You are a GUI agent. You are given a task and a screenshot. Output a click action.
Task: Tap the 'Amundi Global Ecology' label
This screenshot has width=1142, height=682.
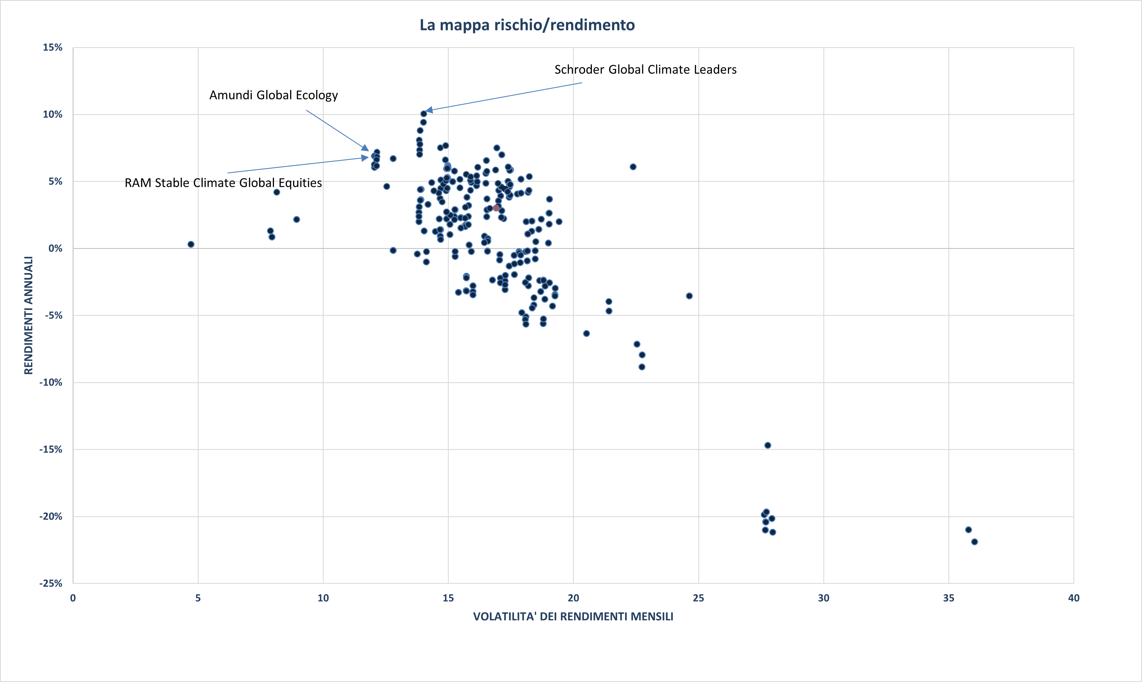pos(273,95)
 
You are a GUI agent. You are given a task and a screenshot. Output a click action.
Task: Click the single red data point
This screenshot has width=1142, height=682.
pos(496,208)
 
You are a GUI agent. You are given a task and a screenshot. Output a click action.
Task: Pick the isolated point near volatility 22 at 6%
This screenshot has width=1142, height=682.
pos(633,167)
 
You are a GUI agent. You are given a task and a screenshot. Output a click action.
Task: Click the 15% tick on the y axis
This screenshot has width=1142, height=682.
pos(52,47)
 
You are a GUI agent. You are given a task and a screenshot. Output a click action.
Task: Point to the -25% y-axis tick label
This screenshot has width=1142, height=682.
pos(50,583)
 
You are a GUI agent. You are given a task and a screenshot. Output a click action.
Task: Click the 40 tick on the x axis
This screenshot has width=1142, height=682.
pos(1073,598)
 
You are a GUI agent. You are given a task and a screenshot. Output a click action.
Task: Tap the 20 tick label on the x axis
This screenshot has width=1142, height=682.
pos(573,598)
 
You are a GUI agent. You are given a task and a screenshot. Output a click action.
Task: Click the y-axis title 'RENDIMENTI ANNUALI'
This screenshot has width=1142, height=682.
pos(29,315)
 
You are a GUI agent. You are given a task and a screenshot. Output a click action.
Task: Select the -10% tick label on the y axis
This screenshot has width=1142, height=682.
pos(50,382)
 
